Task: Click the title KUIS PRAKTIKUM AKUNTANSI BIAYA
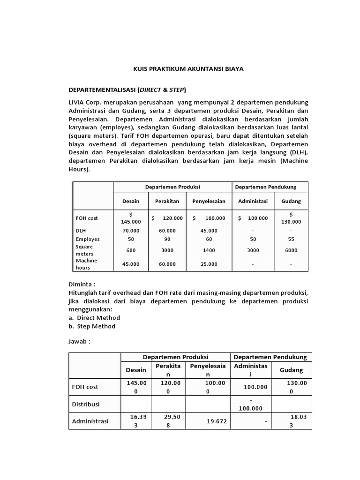[x=188, y=69]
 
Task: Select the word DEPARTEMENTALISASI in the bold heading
[x=102, y=90]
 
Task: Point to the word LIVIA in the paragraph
[x=78, y=102]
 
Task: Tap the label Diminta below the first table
[x=82, y=284]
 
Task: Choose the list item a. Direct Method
[x=94, y=317]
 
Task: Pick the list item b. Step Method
[x=92, y=326]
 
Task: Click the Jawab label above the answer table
[x=79, y=341]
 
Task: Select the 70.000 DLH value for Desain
[x=131, y=231]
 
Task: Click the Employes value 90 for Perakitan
[x=167, y=239]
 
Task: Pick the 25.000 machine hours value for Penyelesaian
[x=209, y=264]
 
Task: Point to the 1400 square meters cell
[x=209, y=250]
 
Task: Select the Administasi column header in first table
[x=253, y=201]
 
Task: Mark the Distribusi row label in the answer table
[x=86, y=404]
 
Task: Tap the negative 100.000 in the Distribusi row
[x=251, y=404]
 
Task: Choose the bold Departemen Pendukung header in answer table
[x=270, y=357]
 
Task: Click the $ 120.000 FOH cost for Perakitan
[x=167, y=218]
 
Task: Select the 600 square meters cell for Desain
[x=131, y=250]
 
